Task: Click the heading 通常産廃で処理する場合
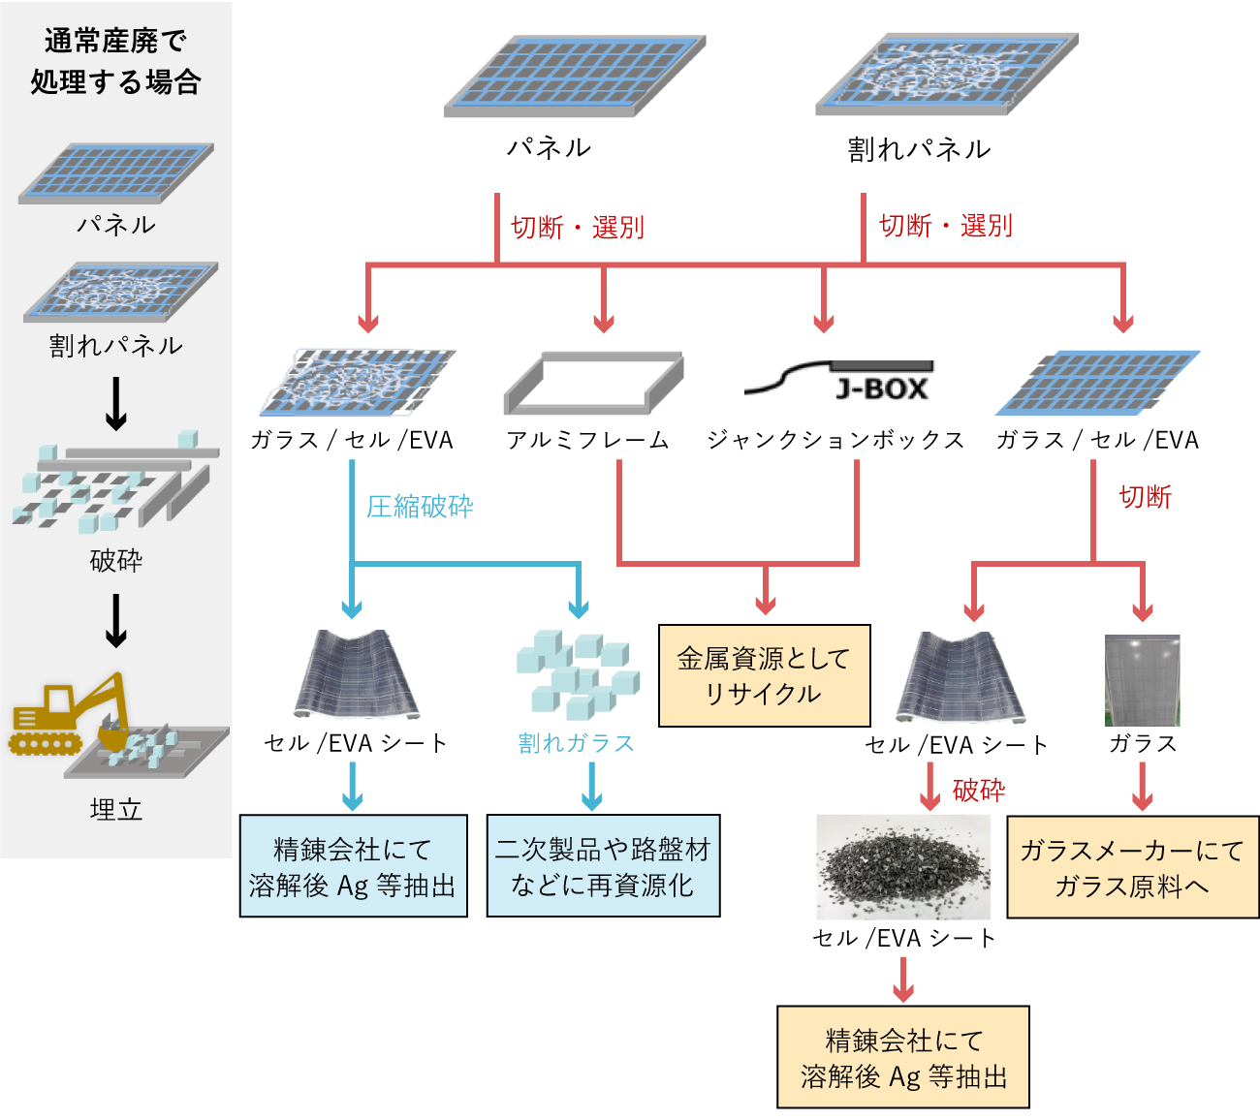coord(115,61)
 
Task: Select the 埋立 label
coord(115,809)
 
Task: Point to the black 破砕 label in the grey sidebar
coord(115,559)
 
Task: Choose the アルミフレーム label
coord(587,440)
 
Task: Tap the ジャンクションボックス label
coord(835,440)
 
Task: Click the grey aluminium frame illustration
coord(593,382)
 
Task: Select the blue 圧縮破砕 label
coord(420,506)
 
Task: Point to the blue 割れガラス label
coord(576,743)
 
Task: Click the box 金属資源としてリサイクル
coord(764,675)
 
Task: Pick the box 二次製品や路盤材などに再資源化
coord(603,866)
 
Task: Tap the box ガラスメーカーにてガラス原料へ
coord(1132,867)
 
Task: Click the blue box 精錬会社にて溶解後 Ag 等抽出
coord(353,866)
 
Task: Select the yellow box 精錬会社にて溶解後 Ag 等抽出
coord(902,1057)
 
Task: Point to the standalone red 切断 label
coord(1145,497)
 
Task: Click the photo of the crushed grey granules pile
coord(903,867)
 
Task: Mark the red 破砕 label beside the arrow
coord(979,791)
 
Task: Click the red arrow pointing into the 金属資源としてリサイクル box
coord(766,596)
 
